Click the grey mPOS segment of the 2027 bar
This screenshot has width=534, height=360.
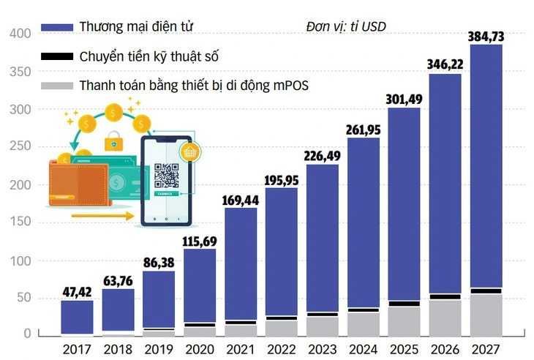tap(486, 314)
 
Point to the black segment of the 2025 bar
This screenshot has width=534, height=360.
tap(405, 304)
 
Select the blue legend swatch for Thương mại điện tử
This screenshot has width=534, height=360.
tap(58, 27)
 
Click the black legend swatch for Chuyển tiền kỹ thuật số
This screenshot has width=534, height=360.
tap(58, 56)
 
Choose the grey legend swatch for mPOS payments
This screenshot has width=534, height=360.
tap(58, 86)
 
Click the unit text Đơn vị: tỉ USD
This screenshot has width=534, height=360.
tap(346, 27)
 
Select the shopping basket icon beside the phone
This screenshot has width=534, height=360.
tap(192, 153)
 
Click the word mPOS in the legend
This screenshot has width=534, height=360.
tap(290, 86)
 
